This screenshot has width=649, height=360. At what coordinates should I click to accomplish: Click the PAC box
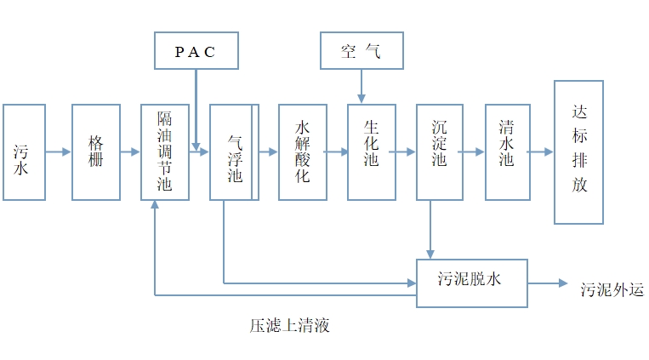click(x=196, y=51)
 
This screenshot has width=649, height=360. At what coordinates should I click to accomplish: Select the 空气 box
click(x=361, y=51)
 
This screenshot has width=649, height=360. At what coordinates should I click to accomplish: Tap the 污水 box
click(x=24, y=152)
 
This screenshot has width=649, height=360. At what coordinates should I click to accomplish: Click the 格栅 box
click(x=96, y=152)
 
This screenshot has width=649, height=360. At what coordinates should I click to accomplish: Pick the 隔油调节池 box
click(x=165, y=152)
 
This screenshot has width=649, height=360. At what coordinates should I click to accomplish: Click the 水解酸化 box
click(x=302, y=152)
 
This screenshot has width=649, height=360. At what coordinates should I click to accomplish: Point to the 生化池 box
click(x=371, y=152)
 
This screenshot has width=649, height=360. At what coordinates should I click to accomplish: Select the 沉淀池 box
click(x=440, y=152)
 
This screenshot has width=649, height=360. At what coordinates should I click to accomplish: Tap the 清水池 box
click(x=508, y=152)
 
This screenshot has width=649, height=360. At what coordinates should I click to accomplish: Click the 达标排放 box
click(x=578, y=152)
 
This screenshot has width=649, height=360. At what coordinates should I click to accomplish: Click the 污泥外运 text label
click(x=612, y=289)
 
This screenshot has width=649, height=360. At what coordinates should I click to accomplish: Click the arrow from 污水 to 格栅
click(x=59, y=152)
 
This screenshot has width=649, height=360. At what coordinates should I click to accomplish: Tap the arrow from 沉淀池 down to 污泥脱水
click(x=430, y=229)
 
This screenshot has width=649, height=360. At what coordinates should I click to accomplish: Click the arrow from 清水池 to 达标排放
click(x=540, y=152)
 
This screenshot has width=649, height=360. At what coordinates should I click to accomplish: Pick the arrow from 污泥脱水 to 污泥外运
click(x=549, y=283)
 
